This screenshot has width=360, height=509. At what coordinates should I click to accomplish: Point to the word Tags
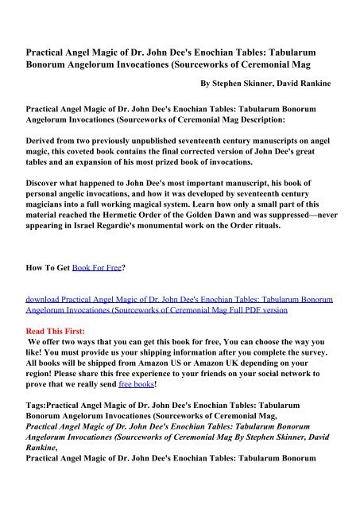pyautogui.click(x=34, y=404)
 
